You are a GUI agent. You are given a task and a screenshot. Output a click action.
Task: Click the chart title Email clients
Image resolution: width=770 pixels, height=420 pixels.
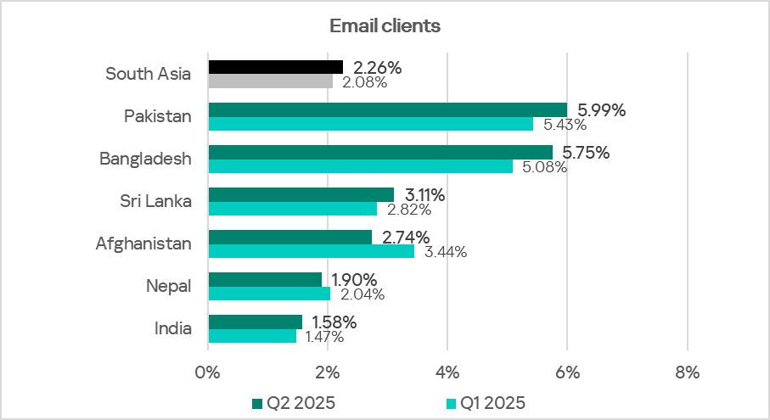pyautogui.click(x=385, y=25)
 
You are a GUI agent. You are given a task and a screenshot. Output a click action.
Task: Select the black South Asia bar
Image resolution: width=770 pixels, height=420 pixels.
pyautogui.click(x=276, y=67)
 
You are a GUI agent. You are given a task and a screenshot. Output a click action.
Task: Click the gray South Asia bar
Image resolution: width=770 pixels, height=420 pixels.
pyautogui.click(x=270, y=81)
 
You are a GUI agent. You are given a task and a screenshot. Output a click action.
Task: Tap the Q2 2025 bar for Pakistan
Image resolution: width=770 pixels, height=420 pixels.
pyautogui.click(x=387, y=109)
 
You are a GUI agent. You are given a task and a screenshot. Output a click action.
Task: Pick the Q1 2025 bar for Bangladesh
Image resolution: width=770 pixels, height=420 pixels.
pyautogui.click(x=360, y=166)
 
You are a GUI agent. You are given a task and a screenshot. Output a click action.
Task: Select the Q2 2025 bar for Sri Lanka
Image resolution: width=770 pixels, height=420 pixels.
pyautogui.click(x=301, y=194)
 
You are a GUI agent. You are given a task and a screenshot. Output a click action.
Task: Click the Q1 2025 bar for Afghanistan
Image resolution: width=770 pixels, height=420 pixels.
pyautogui.click(x=311, y=251)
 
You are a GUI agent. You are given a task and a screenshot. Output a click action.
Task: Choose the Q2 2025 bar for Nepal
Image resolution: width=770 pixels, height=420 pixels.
pyautogui.click(x=265, y=279)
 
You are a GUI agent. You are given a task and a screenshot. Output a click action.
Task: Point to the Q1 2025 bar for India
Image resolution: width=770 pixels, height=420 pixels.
pyautogui.click(x=252, y=336)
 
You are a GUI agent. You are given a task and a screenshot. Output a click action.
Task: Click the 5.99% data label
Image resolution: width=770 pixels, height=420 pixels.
pyautogui.click(x=601, y=109)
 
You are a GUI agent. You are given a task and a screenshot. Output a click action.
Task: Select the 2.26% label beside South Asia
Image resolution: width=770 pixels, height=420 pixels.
pyautogui.click(x=376, y=67)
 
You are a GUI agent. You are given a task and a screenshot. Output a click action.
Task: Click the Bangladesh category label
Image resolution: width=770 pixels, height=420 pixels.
pyautogui.click(x=145, y=159)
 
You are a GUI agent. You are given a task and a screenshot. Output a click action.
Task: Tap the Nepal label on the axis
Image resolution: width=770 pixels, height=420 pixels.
pyautogui.click(x=170, y=286)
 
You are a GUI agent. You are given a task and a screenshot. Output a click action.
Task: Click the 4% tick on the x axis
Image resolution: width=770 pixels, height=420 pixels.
pyautogui.click(x=447, y=372)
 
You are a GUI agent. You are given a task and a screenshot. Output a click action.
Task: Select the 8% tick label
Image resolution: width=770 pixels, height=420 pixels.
pyautogui.click(x=687, y=372)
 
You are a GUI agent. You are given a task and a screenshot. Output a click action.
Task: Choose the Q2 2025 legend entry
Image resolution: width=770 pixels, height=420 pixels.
pyautogui.click(x=295, y=402)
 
